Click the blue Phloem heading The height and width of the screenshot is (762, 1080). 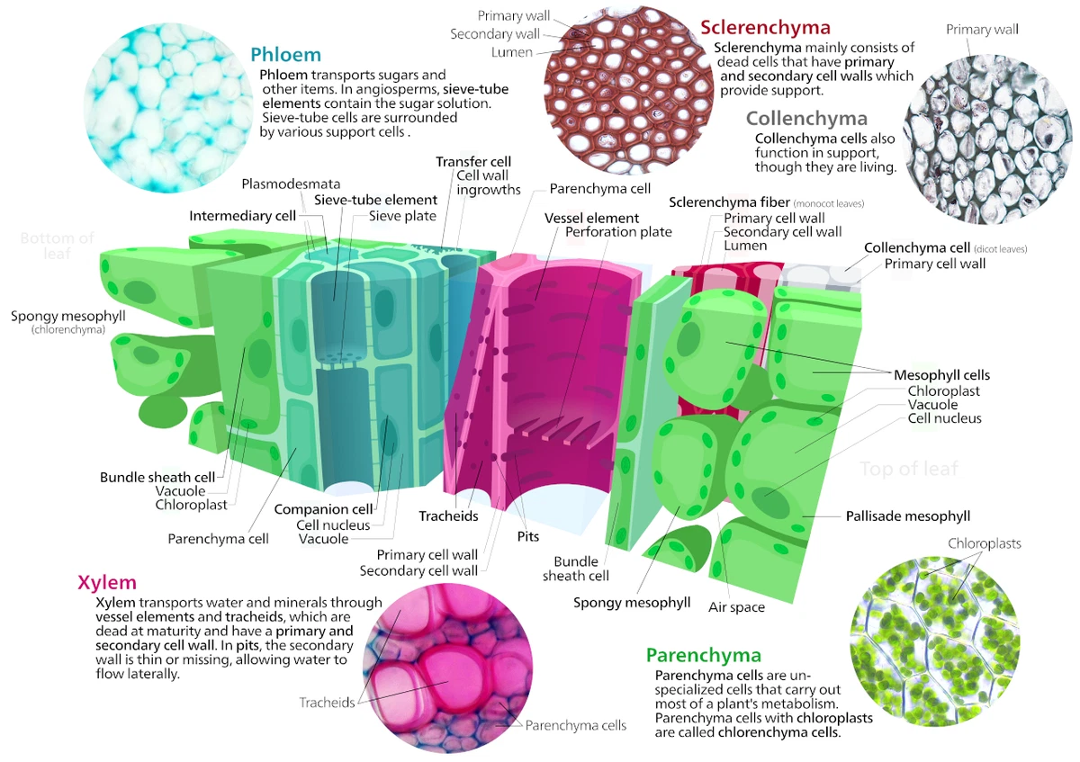[x=285, y=54]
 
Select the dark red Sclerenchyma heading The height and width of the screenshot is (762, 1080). [x=765, y=28]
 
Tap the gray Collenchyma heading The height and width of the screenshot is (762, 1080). [x=806, y=119]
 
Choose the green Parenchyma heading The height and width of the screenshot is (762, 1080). [x=703, y=655]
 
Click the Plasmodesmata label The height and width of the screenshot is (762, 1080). [x=278, y=184]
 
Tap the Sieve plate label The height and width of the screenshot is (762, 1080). [x=402, y=216]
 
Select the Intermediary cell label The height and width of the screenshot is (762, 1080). [x=243, y=216]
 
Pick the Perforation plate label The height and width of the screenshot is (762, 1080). [x=618, y=232]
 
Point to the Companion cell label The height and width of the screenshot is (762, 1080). [x=323, y=509]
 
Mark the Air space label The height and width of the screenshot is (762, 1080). [x=736, y=607]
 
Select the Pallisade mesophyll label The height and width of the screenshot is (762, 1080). [x=907, y=516]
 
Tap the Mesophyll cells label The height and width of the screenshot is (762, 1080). [x=941, y=374]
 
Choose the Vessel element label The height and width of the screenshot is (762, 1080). [x=591, y=218]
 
